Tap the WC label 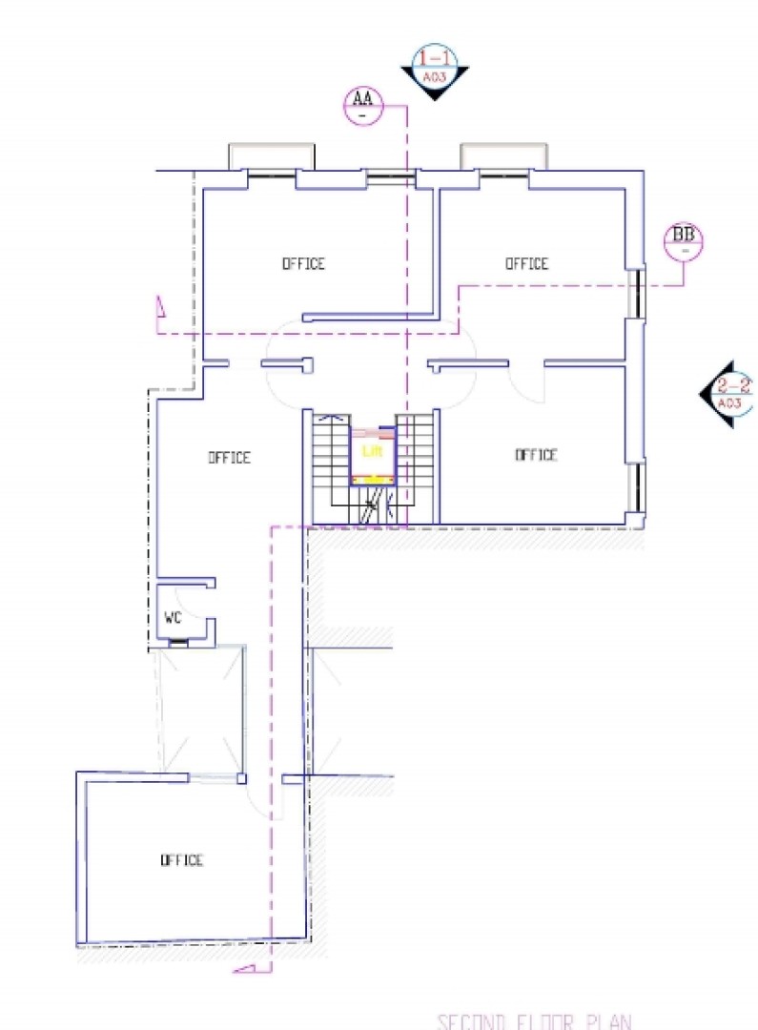tap(173, 617)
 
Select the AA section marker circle tap(362, 101)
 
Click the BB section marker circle tap(683, 238)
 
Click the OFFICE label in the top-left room tap(303, 263)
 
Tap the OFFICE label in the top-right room tap(526, 263)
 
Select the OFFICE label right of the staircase tap(536, 455)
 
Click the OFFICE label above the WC tap(230, 458)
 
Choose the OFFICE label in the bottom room tap(181, 860)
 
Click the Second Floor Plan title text tap(533, 1021)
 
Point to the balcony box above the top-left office tap(271, 155)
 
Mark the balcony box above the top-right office tap(503, 155)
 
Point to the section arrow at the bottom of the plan tap(245, 969)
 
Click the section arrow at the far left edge tap(160, 311)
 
